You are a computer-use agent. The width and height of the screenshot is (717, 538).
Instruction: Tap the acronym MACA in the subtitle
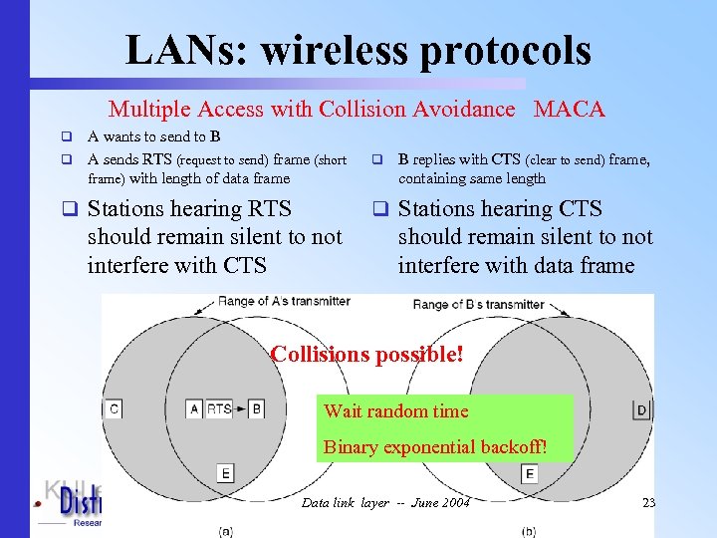click(569, 110)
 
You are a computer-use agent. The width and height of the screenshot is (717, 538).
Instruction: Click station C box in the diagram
click(114, 408)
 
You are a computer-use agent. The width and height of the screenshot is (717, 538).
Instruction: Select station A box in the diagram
click(194, 408)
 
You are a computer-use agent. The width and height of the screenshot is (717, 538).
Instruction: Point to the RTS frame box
click(220, 408)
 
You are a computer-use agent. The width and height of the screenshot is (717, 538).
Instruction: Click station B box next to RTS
click(256, 408)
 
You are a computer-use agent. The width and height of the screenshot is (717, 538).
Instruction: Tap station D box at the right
click(640, 409)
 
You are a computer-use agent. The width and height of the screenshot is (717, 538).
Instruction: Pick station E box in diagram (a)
click(227, 472)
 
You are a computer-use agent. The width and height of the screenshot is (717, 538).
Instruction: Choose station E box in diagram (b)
click(529, 474)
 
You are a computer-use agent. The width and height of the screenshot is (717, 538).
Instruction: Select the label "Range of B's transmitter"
click(478, 304)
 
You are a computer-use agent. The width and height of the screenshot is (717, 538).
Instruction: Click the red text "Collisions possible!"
click(367, 354)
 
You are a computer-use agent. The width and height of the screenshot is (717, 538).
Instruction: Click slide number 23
click(648, 502)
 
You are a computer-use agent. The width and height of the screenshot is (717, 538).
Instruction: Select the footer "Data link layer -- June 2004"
click(385, 502)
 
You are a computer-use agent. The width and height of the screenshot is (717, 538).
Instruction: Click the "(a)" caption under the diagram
click(226, 531)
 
